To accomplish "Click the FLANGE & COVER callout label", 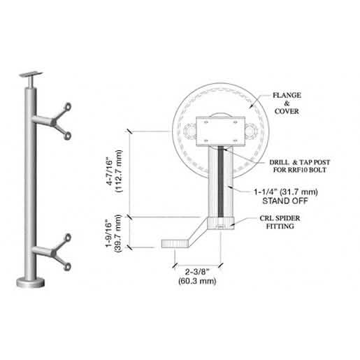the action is [287, 103].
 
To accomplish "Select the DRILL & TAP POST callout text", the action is [300, 162].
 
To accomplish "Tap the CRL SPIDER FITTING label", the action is [280, 222].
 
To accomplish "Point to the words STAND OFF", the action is [285, 201].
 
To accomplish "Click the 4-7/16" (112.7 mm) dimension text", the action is [114, 171].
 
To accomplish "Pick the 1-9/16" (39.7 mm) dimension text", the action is [114, 233].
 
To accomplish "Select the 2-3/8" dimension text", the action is [197, 272].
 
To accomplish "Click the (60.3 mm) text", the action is [197, 281].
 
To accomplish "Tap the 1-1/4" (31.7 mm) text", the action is [286, 192].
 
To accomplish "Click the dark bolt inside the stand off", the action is [220, 181].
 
